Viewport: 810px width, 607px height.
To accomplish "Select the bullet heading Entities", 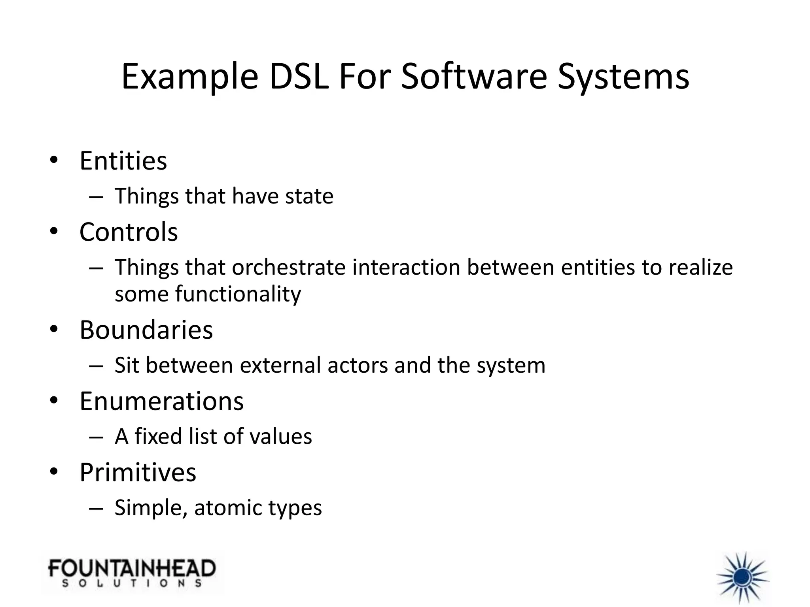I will pyautogui.click(x=123, y=161).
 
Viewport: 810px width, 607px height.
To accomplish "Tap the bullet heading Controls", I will pyautogui.click(x=129, y=232).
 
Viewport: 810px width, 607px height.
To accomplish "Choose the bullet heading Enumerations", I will pyautogui.click(x=161, y=401).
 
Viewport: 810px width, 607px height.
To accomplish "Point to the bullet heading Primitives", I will pyautogui.click(x=138, y=472).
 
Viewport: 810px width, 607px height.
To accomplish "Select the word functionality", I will pyautogui.click(x=238, y=294).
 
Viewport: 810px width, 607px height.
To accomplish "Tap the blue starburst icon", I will pyautogui.click(x=742, y=577).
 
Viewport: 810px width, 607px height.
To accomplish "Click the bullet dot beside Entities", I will pyautogui.click(x=54, y=160).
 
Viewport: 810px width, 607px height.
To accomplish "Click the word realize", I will pyautogui.click(x=700, y=268).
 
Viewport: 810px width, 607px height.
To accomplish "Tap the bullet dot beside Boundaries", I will pyautogui.click(x=54, y=329).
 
